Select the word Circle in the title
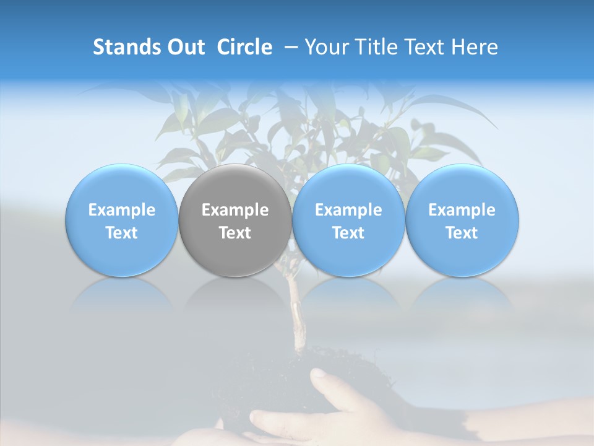point(244,47)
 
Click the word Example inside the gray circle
point(235,210)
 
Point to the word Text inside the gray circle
point(235,233)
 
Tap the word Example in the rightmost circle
point(462,210)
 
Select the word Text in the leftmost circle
point(122,233)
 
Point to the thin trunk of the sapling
point(296,316)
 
